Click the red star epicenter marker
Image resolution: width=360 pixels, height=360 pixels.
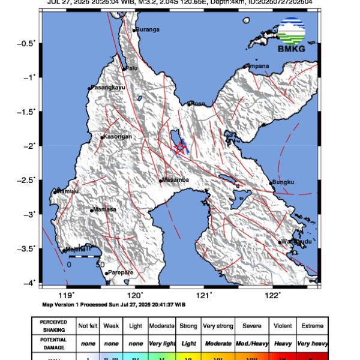click(x=179, y=148)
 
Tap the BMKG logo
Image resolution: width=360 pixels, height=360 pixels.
click(x=291, y=37)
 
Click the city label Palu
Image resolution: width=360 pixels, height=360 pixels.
click(x=131, y=68)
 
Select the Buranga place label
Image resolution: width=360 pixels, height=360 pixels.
click(x=147, y=29)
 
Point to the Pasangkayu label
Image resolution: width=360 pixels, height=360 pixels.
click(x=107, y=88)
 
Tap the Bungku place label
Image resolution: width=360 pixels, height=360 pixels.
click(x=283, y=182)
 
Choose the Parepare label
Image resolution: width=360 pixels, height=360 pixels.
click(x=119, y=273)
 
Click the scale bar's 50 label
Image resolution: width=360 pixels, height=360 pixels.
click(x=101, y=264)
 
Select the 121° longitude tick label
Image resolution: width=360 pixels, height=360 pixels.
click(x=205, y=295)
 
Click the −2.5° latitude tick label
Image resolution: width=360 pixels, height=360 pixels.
click(x=29, y=179)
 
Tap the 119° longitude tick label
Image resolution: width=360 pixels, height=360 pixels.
click(x=68, y=295)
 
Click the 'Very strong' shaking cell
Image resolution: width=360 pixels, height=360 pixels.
click(x=217, y=326)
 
